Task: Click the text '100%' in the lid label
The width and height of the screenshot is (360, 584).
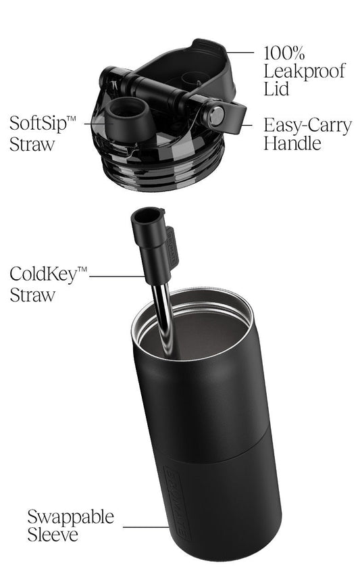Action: (x=284, y=53)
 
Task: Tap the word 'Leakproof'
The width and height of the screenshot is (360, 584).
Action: (x=305, y=71)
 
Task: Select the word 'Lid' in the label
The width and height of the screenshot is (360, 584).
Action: (x=276, y=89)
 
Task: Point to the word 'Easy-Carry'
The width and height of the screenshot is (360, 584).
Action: (x=307, y=126)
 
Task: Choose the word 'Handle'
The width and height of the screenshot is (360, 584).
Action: (x=292, y=143)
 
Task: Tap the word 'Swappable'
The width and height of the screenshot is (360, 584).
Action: (x=71, y=518)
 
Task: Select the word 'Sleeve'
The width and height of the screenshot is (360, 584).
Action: (x=53, y=535)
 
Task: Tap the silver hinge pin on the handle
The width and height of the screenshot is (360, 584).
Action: (x=217, y=116)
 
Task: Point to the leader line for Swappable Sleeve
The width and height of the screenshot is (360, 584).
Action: (x=147, y=527)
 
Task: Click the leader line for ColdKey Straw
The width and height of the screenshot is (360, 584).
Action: (x=117, y=276)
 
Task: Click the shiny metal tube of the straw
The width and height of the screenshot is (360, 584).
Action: (x=163, y=317)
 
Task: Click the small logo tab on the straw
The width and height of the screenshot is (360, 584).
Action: (x=172, y=245)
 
